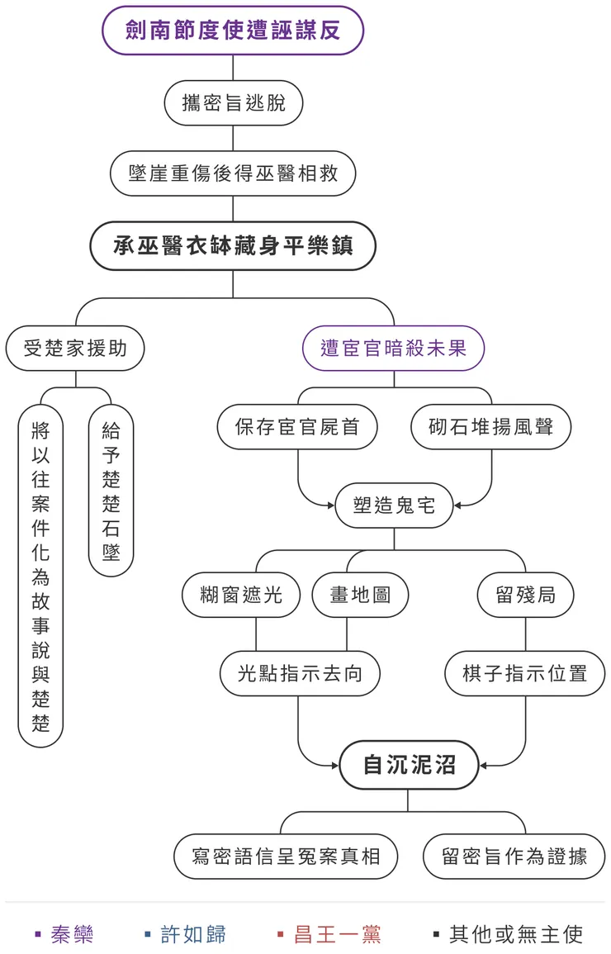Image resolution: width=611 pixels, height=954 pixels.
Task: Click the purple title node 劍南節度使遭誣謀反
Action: (233, 31)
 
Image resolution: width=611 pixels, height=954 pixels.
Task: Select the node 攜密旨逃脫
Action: (233, 103)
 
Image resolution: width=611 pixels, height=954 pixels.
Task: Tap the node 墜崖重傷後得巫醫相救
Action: (233, 173)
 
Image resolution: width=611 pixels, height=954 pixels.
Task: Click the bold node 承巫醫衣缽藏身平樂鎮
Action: (233, 246)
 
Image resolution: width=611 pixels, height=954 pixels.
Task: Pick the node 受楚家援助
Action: (75, 348)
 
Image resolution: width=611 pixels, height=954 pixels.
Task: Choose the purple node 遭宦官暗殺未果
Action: (393, 348)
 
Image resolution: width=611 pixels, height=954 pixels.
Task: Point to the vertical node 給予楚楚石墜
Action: (111, 491)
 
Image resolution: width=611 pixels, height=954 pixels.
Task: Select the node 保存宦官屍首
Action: (297, 427)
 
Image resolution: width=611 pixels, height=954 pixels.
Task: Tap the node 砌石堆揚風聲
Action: (490, 427)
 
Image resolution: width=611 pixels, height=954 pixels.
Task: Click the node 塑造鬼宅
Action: (394, 505)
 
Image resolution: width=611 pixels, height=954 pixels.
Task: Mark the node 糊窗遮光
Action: (241, 595)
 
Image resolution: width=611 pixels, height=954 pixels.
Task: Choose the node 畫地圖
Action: (360, 595)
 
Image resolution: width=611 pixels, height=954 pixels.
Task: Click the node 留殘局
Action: (525, 595)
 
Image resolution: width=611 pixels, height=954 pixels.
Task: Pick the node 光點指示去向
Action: (299, 673)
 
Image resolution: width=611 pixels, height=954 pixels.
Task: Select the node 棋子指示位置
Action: (525, 673)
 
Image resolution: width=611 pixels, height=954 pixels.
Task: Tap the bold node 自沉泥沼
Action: (409, 764)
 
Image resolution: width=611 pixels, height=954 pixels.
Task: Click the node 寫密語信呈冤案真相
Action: (286, 856)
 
